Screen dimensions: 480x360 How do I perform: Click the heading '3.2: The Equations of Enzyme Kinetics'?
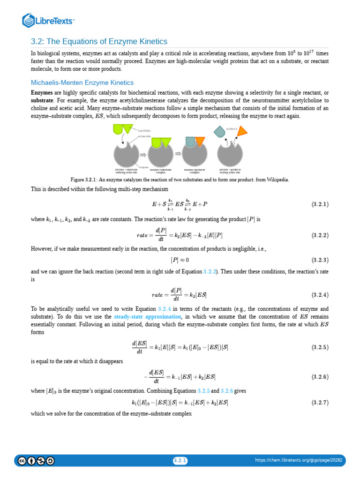[99, 41]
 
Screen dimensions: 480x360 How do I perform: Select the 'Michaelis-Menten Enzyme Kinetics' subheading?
[82, 82]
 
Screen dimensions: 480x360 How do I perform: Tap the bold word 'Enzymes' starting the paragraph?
[41, 92]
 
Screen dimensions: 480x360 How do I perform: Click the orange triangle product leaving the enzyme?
[242, 131]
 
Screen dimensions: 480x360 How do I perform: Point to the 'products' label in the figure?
[232, 128]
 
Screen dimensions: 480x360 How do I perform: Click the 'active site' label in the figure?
[144, 136]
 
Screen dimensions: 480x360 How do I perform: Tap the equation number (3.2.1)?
[320, 204]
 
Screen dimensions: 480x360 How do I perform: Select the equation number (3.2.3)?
[320, 260]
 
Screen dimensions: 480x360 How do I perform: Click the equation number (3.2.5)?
[320, 347]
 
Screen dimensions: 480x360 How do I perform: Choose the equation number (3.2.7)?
[320, 403]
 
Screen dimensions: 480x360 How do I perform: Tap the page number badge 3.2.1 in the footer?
[180, 461]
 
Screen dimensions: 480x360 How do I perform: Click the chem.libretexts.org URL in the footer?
[299, 461]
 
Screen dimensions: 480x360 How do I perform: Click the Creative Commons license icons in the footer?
[36, 461]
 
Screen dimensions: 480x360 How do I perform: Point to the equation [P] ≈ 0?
[180, 260]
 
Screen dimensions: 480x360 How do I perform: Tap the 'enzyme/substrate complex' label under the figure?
[160, 171]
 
